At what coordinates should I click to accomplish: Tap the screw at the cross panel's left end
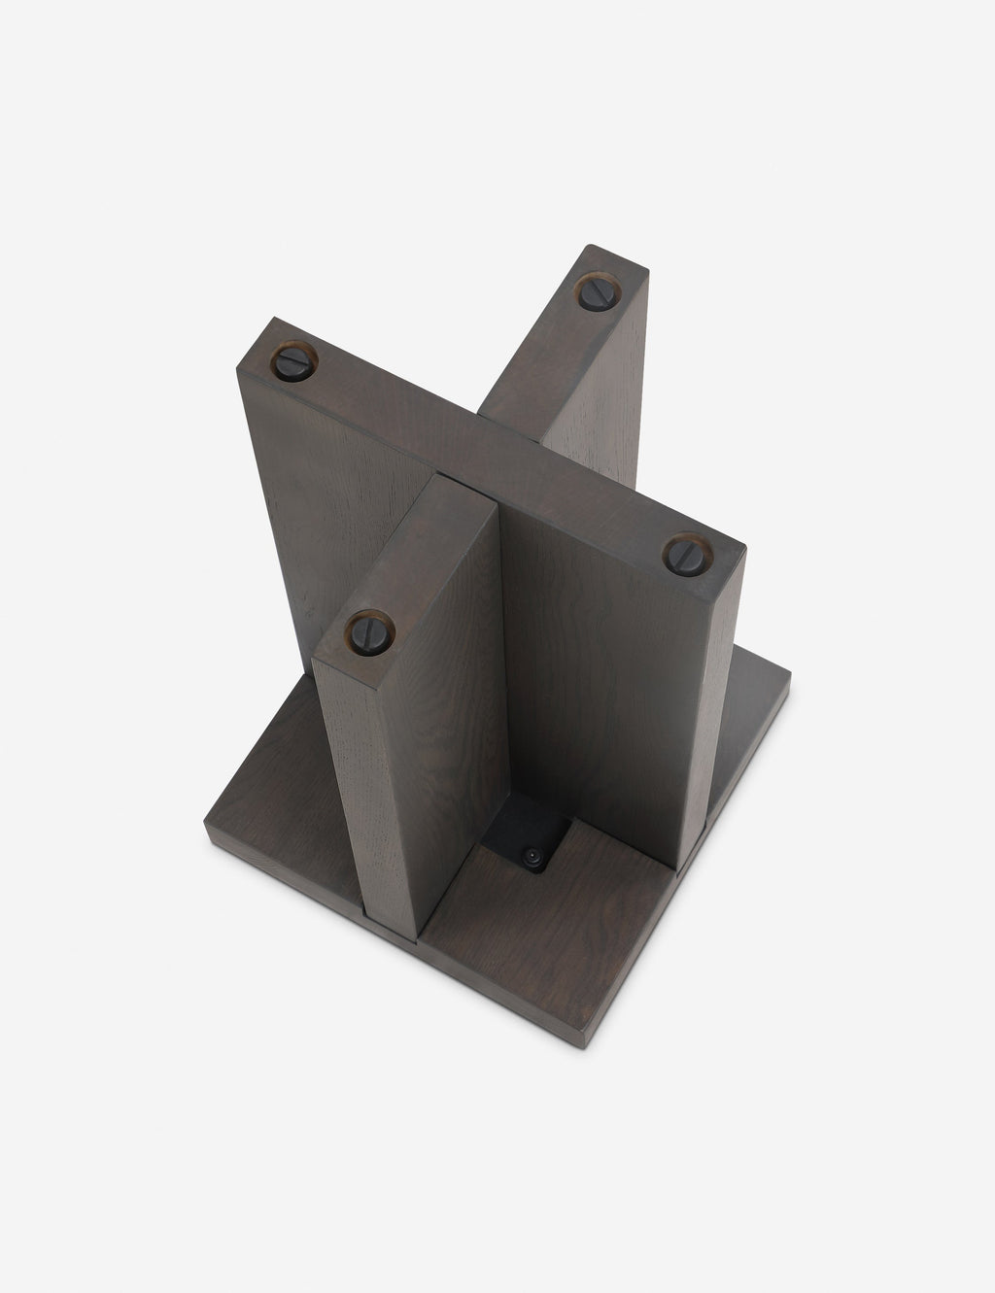[x=291, y=365]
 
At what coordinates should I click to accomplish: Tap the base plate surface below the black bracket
[x=544, y=933]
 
